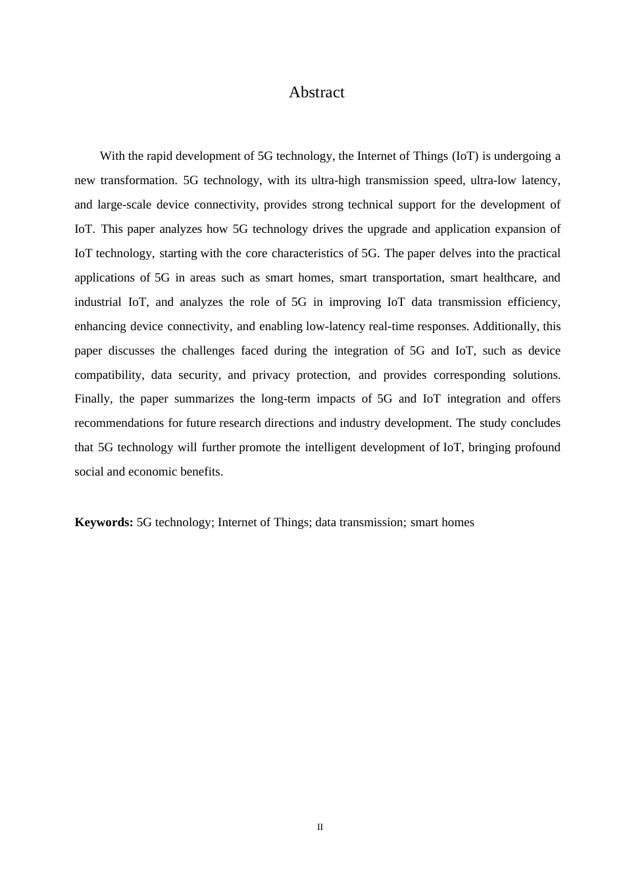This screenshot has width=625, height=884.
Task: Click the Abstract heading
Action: [x=316, y=93]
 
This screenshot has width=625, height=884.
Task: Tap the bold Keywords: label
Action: [x=104, y=522]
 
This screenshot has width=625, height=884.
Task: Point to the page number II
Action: [x=320, y=827]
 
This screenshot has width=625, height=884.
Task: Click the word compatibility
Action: [x=109, y=375]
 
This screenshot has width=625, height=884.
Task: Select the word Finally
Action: [x=93, y=399]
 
